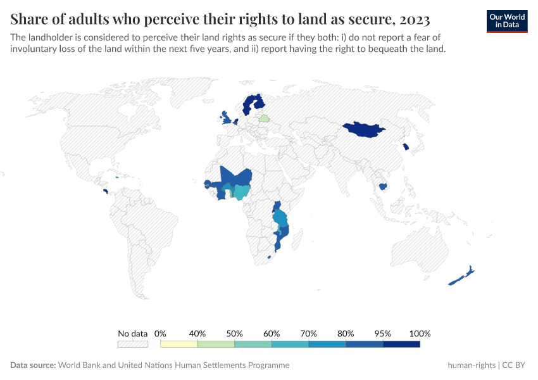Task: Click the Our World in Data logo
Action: click(x=507, y=21)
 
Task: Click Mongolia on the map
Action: click(x=363, y=129)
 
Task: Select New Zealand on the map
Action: click(x=461, y=276)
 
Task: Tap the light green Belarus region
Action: click(x=265, y=118)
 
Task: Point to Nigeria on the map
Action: click(x=241, y=191)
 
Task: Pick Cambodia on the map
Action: click(x=382, y=186)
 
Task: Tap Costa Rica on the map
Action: click(x=105, y=190)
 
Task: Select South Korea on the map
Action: click(x=405, y=147)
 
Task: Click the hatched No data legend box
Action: click(x=133, y=344)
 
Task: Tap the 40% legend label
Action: click(x=197, y=334)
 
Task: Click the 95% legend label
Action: click(x=383, y=334)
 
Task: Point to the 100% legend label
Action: click(x=420, y=334)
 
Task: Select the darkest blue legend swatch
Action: click(x=401, y=344)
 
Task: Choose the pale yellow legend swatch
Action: click(x=179, y=344)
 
